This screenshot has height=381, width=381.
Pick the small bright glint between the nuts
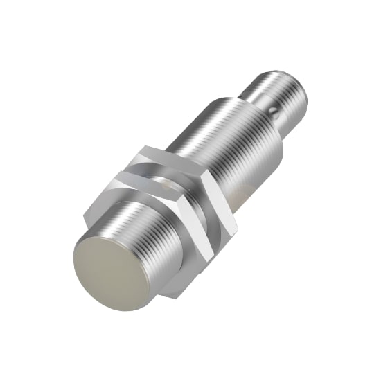[x=163, y=183]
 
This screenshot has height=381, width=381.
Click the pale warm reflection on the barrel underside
[x=246, y=187]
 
